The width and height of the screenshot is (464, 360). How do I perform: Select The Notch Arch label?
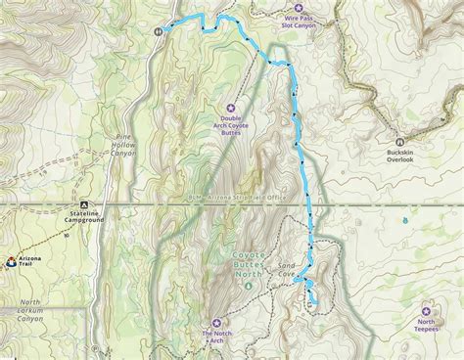tap(217, 337)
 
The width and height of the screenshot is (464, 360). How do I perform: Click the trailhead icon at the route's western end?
tap(158, 30)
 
